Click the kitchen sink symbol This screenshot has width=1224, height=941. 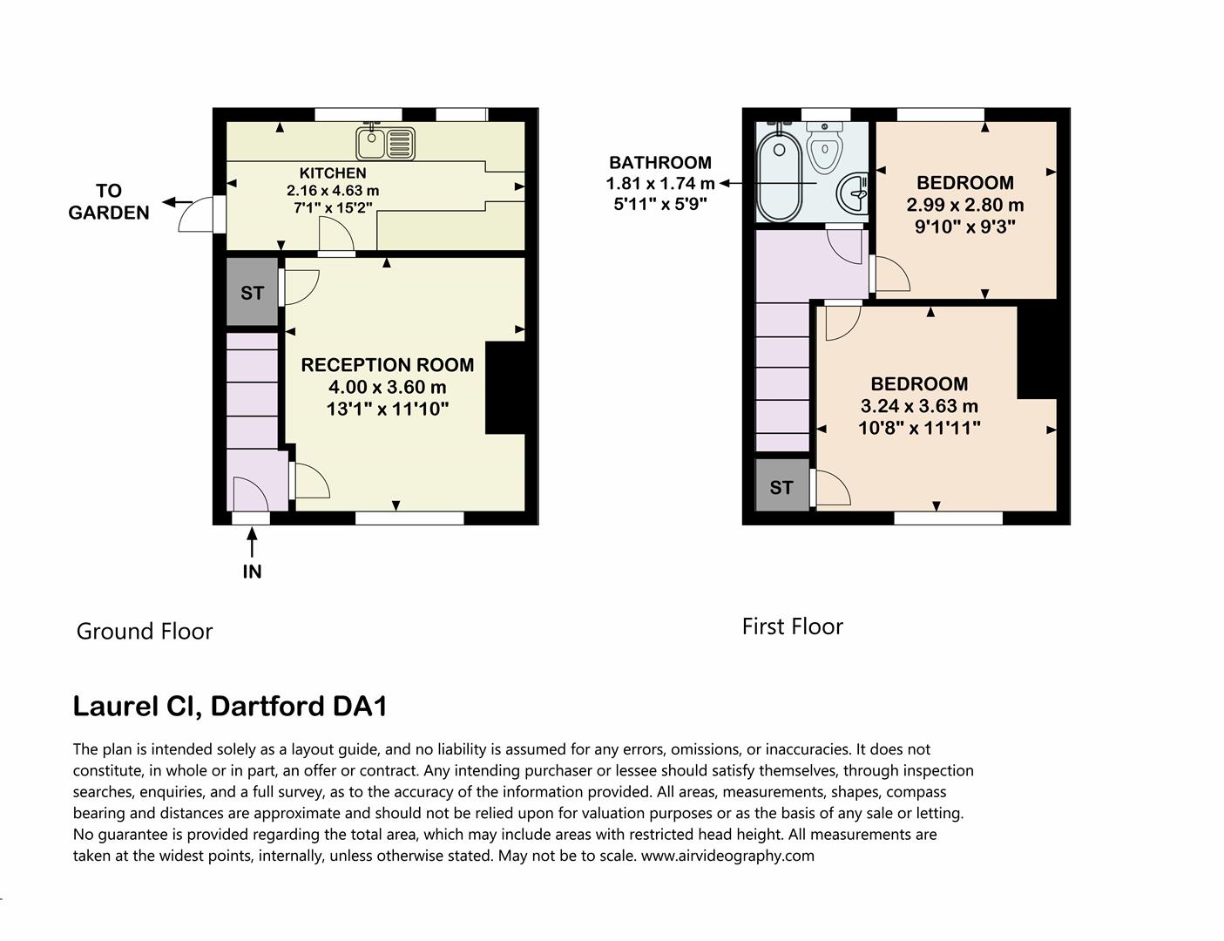point(385,140)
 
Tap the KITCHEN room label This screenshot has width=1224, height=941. point(333,173)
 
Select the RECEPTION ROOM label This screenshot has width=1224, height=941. point(388,365)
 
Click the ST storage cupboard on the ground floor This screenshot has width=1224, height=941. point(252,293)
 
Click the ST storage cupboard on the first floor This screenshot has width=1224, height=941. point(781,487)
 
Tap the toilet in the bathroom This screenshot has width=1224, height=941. point(824,146)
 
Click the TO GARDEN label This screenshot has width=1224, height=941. point(109,201)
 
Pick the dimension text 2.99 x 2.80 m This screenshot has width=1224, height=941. point(965,206)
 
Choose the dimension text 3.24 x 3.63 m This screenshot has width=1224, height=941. point(919,406)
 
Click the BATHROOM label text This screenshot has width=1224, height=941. point(659,163)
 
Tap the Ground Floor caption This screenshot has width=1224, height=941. point(145,631)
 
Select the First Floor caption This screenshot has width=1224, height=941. point(792,626)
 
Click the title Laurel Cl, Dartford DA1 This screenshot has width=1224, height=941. point(230,706)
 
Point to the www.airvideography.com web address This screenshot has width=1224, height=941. point(727,856)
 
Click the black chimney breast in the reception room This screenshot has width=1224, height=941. point(505,388)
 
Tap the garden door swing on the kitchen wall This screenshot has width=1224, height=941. point(197,215)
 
